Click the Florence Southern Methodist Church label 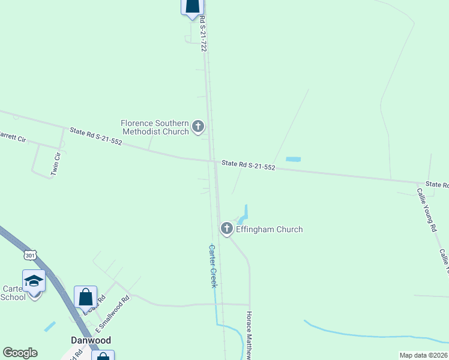pos(155,127)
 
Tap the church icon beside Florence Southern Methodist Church pos(198,127)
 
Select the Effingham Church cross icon pos(227,229)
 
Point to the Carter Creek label pos(212,266)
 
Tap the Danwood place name pos(91,340)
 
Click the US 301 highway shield pos(31,255)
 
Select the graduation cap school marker pos(34,282)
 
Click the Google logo pos(20,353)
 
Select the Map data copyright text pos(424,355)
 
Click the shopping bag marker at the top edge pos(192,6)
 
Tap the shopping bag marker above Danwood pos(86,297)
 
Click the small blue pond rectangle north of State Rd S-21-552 pos(293,159)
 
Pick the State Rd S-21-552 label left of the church pos(95,137)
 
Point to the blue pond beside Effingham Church pos(244,214)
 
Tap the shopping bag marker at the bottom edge pos(102,355)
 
